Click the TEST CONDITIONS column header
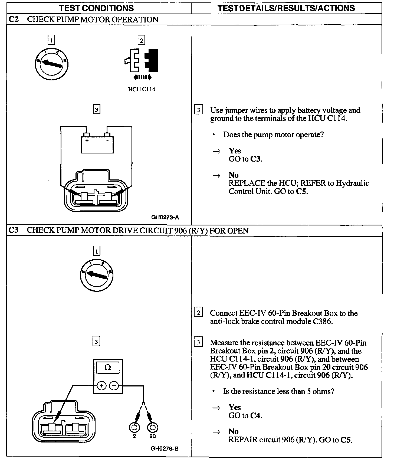pyautogui.click(x=97, y=8)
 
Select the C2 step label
pyautogui.click(x=13, y=19)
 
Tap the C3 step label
pyautogui.click(x=13, y=230)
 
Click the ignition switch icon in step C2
pyautogui.click(x=51, y=64)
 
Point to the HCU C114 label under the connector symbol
pyautogui.click(x=142, y=89)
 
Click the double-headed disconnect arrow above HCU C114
pyautogui.click(x=142, y=77)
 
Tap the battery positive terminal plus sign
pyautogui.click(x=87, y=140)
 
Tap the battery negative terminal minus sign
pyautogui.click(x=107, y=140)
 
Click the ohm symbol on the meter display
pyautogui.click(x=108, y=368)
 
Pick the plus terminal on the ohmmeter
pyautogui.click(x=101, y=386)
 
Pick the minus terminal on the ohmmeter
pyautogui.click(x=114, y=386)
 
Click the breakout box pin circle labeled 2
pyautogui.click(x=134, y=428)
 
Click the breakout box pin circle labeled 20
pyautogui.click(x=153, y=428)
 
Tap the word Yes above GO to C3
pyautogui.click(x=235, y=151)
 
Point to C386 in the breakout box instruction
pyautogui.click(x=323, y=322)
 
